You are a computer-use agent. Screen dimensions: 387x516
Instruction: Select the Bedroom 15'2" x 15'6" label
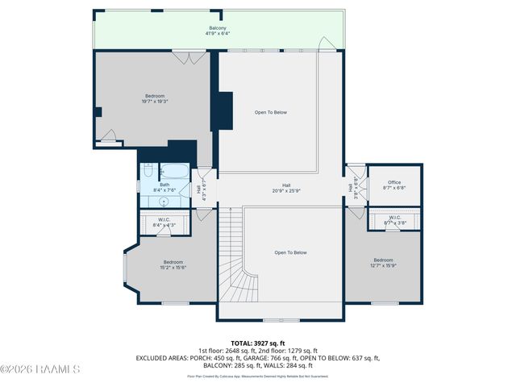173,264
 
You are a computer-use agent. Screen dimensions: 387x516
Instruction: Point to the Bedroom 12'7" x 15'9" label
383,263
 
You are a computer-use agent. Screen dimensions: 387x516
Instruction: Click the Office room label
394,185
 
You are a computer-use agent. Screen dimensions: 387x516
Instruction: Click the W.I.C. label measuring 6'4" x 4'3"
164,223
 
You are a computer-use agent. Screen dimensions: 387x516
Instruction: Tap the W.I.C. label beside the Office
394,219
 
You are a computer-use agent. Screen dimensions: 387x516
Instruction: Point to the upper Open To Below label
271,112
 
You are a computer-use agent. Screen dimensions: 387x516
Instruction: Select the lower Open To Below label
290,252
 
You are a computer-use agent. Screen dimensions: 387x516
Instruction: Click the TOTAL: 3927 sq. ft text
258,343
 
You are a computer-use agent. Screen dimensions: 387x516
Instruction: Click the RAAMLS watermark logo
40,369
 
